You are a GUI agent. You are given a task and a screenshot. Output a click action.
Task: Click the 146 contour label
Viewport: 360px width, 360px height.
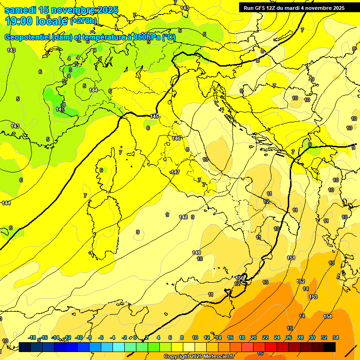point(176,138)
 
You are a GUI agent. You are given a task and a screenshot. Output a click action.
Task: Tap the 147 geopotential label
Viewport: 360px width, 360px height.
point(175,172)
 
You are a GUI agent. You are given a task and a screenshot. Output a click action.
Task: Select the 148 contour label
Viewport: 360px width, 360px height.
point(183,217)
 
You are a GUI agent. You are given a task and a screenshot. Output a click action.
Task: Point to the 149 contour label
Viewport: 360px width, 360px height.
point(196,253)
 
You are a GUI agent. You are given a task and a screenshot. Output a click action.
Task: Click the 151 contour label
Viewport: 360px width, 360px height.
point(291,258)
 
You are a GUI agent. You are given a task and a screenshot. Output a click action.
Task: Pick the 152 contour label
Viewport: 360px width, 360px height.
point(301,281)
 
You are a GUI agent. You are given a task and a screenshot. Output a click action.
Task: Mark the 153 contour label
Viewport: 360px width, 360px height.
point(313,297)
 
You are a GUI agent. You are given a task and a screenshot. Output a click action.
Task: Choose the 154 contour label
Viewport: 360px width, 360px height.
point(328,317)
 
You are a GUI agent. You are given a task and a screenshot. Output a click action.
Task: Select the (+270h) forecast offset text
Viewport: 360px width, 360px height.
point(83,21)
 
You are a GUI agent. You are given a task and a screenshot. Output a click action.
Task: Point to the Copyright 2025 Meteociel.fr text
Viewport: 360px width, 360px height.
point(199,356)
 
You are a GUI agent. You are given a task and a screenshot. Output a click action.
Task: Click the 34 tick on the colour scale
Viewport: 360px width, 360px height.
point(336,337)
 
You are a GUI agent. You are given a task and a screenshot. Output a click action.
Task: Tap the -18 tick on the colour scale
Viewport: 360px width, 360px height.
point(32,337)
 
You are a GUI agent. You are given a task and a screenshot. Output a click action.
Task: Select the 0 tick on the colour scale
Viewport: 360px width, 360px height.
point(135,337)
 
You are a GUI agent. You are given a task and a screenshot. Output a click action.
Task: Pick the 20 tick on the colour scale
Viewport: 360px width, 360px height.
point(254,337)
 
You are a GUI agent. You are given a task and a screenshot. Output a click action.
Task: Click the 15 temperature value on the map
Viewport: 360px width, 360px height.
point(290,328)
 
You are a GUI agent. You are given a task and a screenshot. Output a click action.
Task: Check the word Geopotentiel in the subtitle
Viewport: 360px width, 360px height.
point(29,37)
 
